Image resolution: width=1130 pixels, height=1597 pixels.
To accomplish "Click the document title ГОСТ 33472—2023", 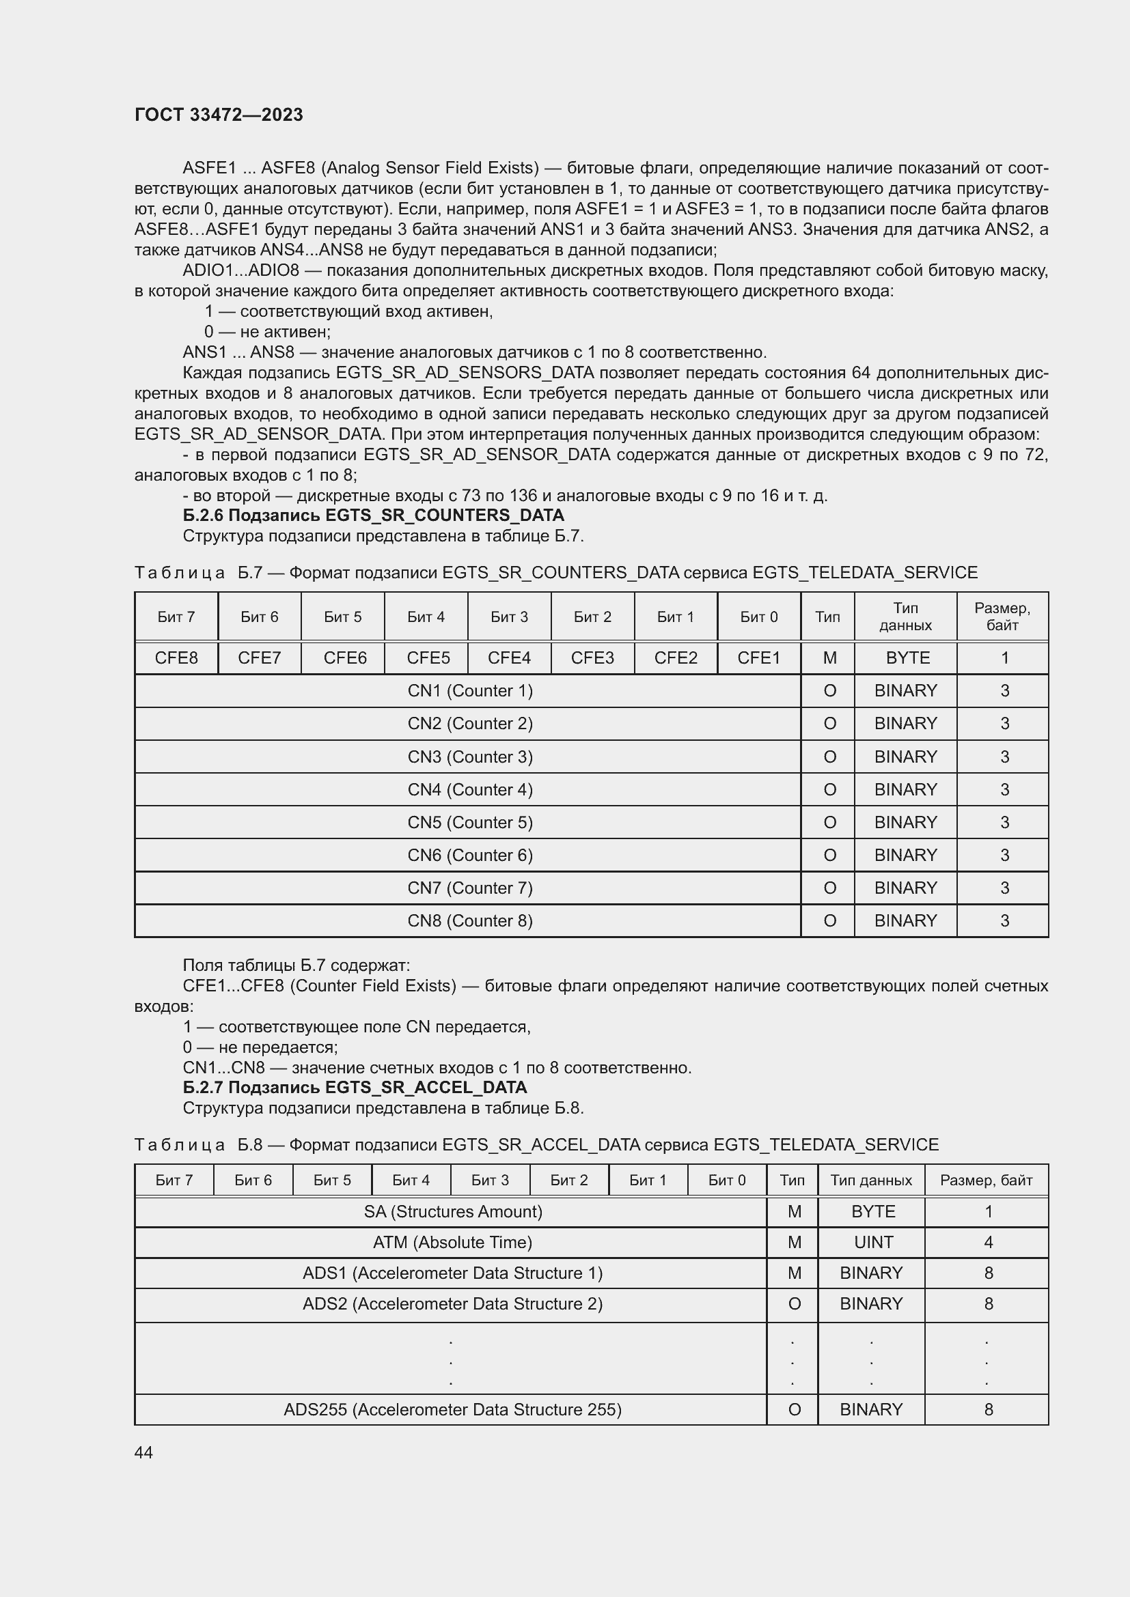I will pyautogui.click(x=219, y=115).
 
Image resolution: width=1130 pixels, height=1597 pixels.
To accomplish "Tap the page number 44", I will pyautogui.click(x=143, y=1452).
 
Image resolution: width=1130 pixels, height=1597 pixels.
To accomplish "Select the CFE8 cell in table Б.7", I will pyautogui.click(x=176, y=658).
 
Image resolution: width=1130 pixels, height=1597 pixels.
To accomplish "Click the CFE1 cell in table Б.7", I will pyautogui.click(x=758, y=658).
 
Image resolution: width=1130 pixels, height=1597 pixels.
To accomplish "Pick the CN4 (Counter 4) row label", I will pyautogui.click(x=469, y=789).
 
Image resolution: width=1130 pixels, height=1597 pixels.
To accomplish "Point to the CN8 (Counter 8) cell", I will pyautogui.click(x=469, y=920).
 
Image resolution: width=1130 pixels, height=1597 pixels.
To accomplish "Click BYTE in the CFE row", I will pyautogui.click(x=907, y=658).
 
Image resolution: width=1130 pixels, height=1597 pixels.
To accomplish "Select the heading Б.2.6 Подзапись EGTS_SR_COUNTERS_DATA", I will pyautogui.click(x=373, y=515).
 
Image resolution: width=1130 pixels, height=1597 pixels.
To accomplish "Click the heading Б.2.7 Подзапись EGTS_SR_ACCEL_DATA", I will pyautogui.click(x=355, y=1087).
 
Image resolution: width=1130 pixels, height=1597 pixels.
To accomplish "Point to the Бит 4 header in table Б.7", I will pyautogui.click(x=426, y=617).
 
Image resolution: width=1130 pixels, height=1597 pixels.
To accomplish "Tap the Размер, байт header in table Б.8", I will pyautogui.click(x=986, y=1180).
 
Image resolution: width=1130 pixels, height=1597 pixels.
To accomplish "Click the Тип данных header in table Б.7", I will pyautogui.click(x=905, y=617).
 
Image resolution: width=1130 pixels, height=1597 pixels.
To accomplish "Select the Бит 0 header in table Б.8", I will pyautogui.click(x=726, y=1180).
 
